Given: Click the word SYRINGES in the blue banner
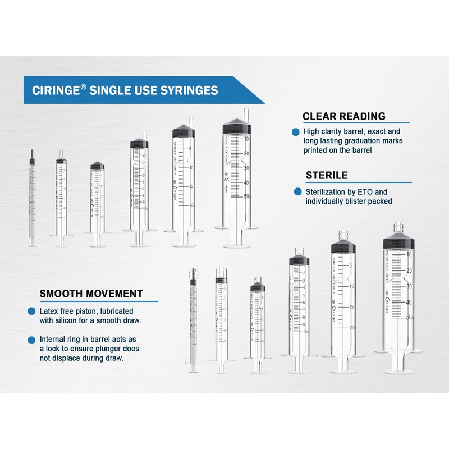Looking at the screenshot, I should click(190, 90).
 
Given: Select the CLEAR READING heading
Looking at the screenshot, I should click(343, 116).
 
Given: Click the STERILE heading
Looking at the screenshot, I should click(327, 175).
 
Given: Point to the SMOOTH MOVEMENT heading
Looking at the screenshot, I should click(90, 294).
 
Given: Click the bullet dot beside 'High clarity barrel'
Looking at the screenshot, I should click(295, 132).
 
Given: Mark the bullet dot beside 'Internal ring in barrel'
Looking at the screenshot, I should click(31, 340).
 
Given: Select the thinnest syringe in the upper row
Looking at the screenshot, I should click(32, 196).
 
